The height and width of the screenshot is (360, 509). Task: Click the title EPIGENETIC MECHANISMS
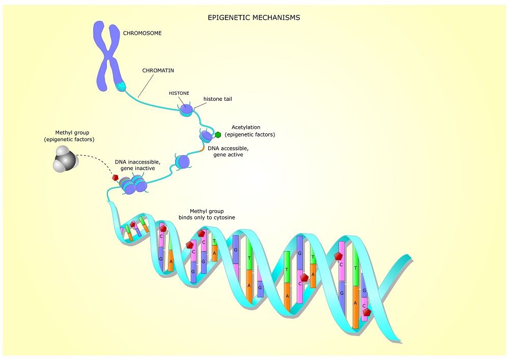[254, 17]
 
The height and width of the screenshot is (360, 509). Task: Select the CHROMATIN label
[158, 70]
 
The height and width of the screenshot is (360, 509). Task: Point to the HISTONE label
[179, 93]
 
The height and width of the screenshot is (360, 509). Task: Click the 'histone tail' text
[217, 99]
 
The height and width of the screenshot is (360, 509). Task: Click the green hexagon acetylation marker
[218, 135]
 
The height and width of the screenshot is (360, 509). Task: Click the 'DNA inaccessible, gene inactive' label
[134, 164]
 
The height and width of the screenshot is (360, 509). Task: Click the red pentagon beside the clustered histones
[116, 178]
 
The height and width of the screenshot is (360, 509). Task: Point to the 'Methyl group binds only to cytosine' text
[207, 214]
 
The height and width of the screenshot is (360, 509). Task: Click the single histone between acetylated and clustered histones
[182, 162]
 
